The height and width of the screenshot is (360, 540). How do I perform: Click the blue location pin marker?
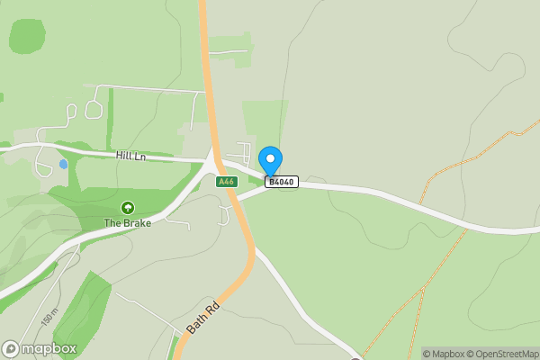pyautogui.click(x=270, y=160)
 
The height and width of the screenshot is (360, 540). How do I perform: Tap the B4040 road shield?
pyautogui.click(x=282, y=182)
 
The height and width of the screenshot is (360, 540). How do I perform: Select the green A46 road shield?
pyautogui.click(x=227, y=181)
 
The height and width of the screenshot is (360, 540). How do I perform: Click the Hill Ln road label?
pyautogui.click(x=130, y=156)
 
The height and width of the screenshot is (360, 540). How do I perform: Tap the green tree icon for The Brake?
pyautogui.click(x=127, y=208)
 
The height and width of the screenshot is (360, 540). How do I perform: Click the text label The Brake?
pyautogui.click(x=127, y=222)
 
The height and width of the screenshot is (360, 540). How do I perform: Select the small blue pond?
pyautogui.click(x=63, y=164)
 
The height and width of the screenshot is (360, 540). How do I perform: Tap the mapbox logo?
pyautogui.click(x=40, y=348)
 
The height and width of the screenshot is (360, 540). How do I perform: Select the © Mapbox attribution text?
pyautogui.click(x=447, y=354)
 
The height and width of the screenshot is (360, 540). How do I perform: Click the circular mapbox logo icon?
pyautogui.click(x=11, y=348)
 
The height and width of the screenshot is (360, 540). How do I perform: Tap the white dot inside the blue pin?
pyautogui.click(x=270, y=158)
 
